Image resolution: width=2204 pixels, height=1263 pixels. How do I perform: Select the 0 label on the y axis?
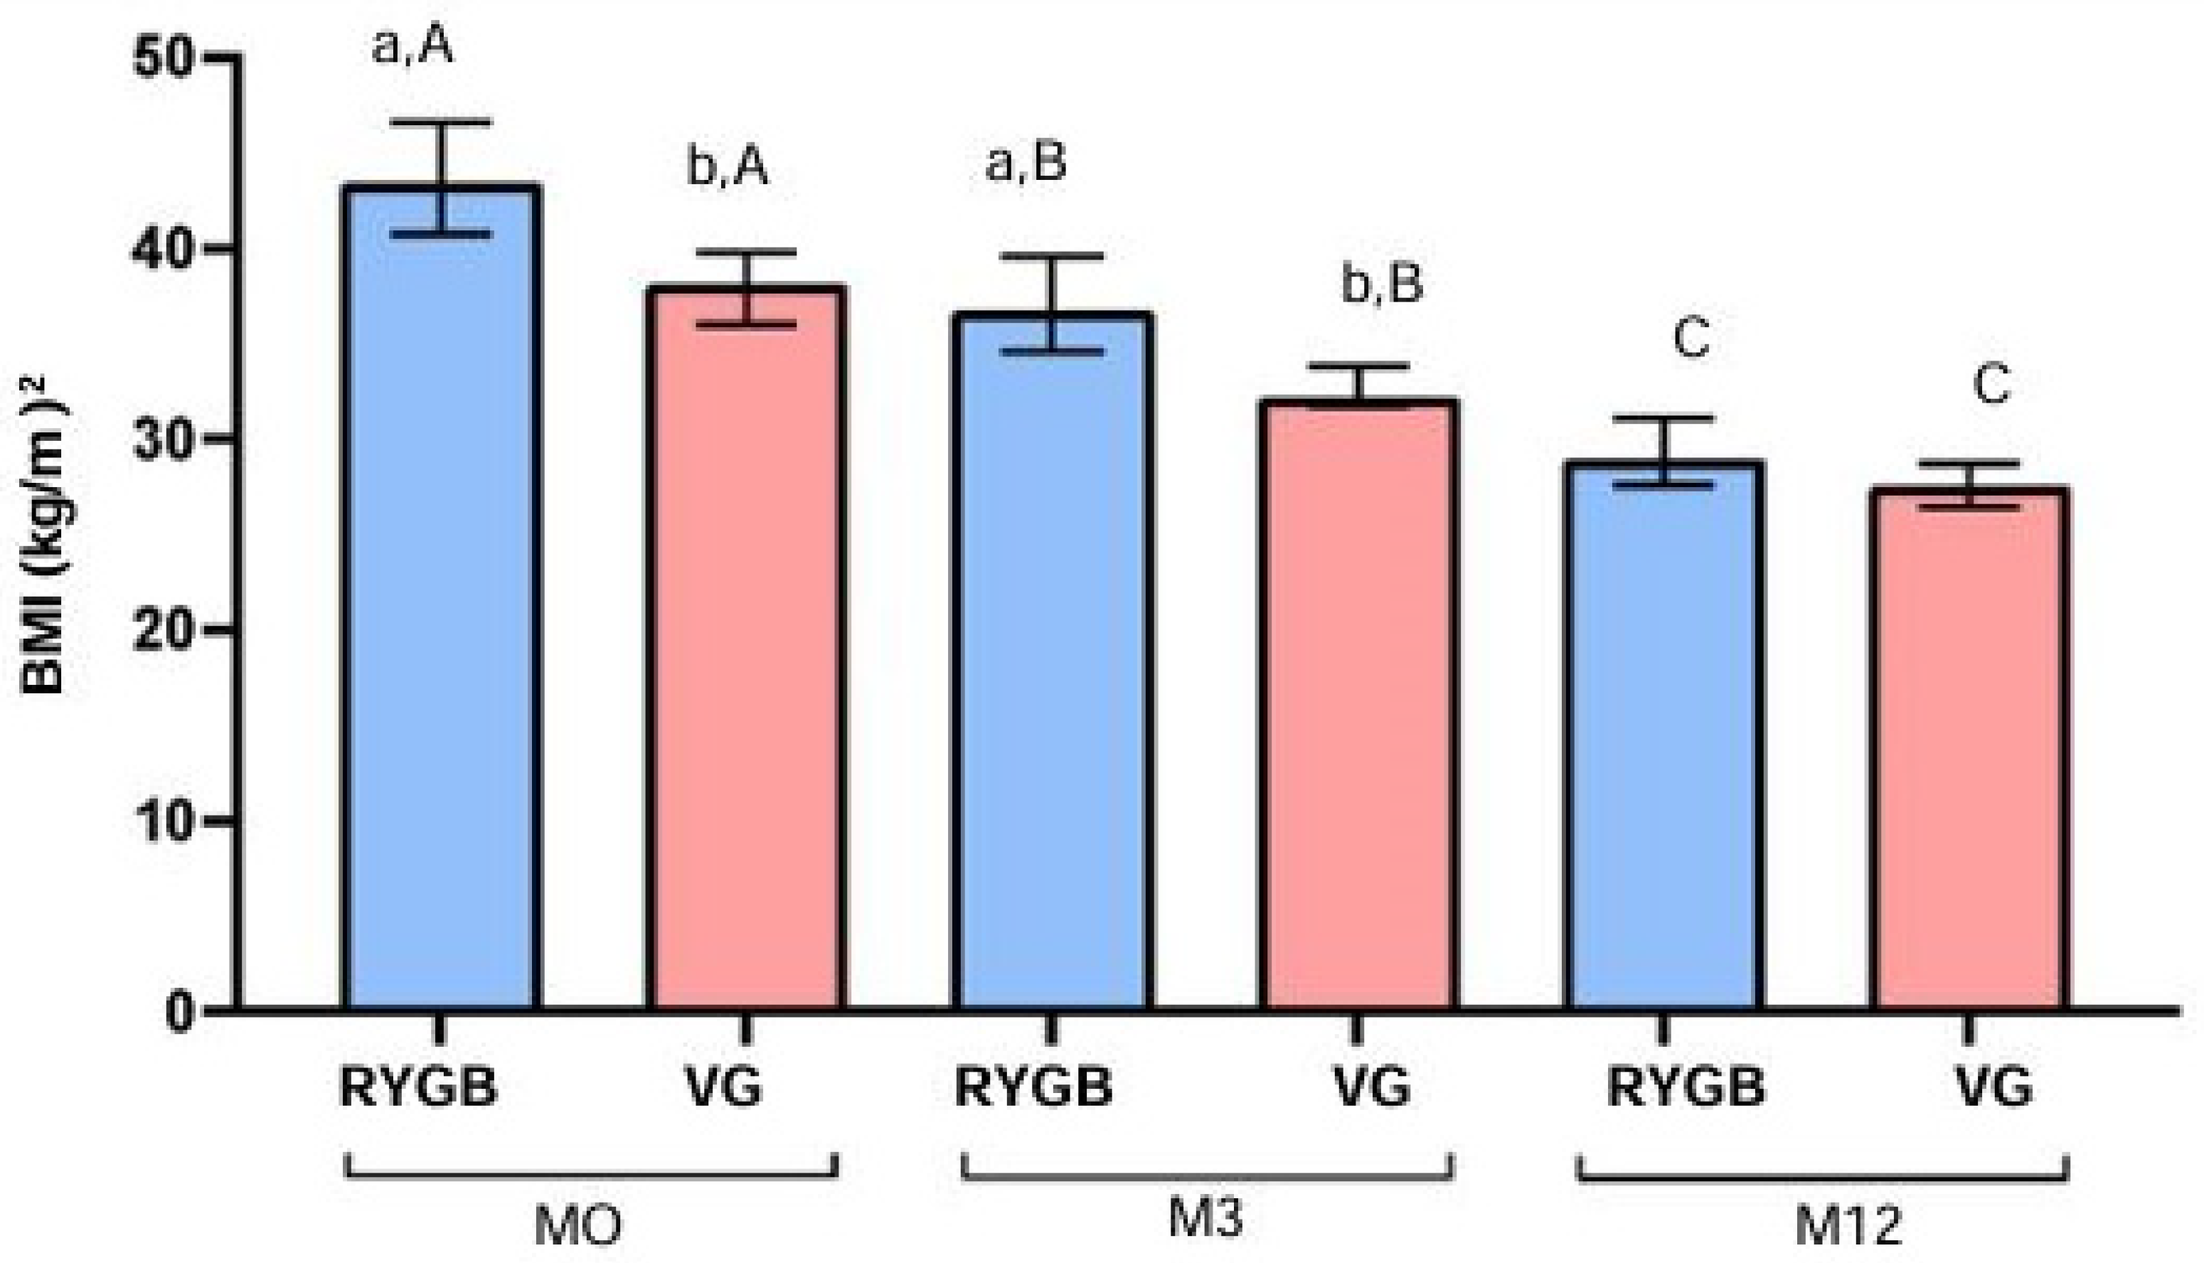pyautogui.click(x=179, y=1011)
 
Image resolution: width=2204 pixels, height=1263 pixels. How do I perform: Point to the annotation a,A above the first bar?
pyautogui.click(x=412, y=47)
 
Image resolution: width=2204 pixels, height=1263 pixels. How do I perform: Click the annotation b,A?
pyautogui.click(x=727, y=167)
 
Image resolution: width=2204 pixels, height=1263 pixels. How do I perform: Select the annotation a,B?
pyautogui.click(x=1026, y=163)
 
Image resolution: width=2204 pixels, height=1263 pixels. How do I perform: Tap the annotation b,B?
pyautogui.click(x=1382, y=285)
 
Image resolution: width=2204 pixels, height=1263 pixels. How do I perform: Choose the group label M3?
pyautogui.click(x=1205, y=1219)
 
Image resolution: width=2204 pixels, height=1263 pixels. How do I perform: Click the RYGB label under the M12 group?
pyautogui.click(x=1686, y=1087)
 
